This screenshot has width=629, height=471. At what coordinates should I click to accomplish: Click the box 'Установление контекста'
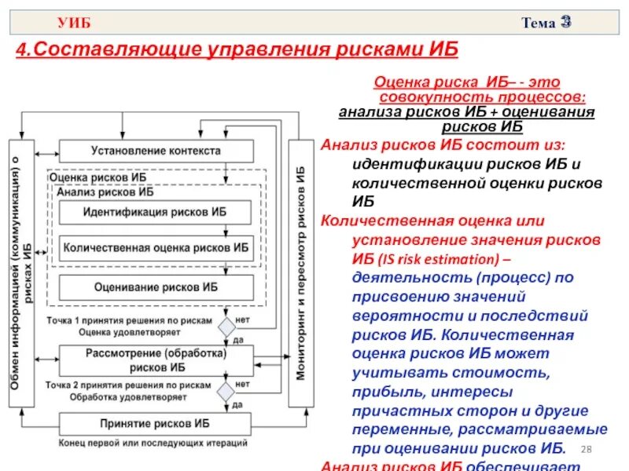point(156,151)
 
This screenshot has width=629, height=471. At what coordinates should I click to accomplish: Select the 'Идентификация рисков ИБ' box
point(155,212)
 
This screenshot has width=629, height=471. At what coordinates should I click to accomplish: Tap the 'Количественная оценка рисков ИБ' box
point(155,247)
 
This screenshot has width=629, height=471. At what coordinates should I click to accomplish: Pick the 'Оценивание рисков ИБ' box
point(155,287)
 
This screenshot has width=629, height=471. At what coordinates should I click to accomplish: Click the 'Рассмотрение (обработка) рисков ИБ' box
point(155,360)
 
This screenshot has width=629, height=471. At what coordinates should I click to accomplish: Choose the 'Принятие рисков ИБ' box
point(155,423)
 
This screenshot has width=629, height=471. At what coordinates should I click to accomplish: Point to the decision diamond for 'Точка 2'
point(226,390)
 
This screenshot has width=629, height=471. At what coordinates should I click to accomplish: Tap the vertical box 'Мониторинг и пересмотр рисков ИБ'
point(301,273)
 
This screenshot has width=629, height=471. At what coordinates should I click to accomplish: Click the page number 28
point(585,448)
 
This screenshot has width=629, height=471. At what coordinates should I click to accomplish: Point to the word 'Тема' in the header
point(537,24)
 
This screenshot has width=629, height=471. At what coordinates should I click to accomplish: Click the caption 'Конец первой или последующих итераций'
point(153,443)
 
